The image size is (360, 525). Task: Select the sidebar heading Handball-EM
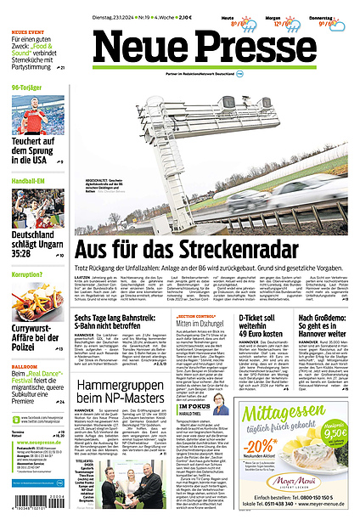tap(28, 180)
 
